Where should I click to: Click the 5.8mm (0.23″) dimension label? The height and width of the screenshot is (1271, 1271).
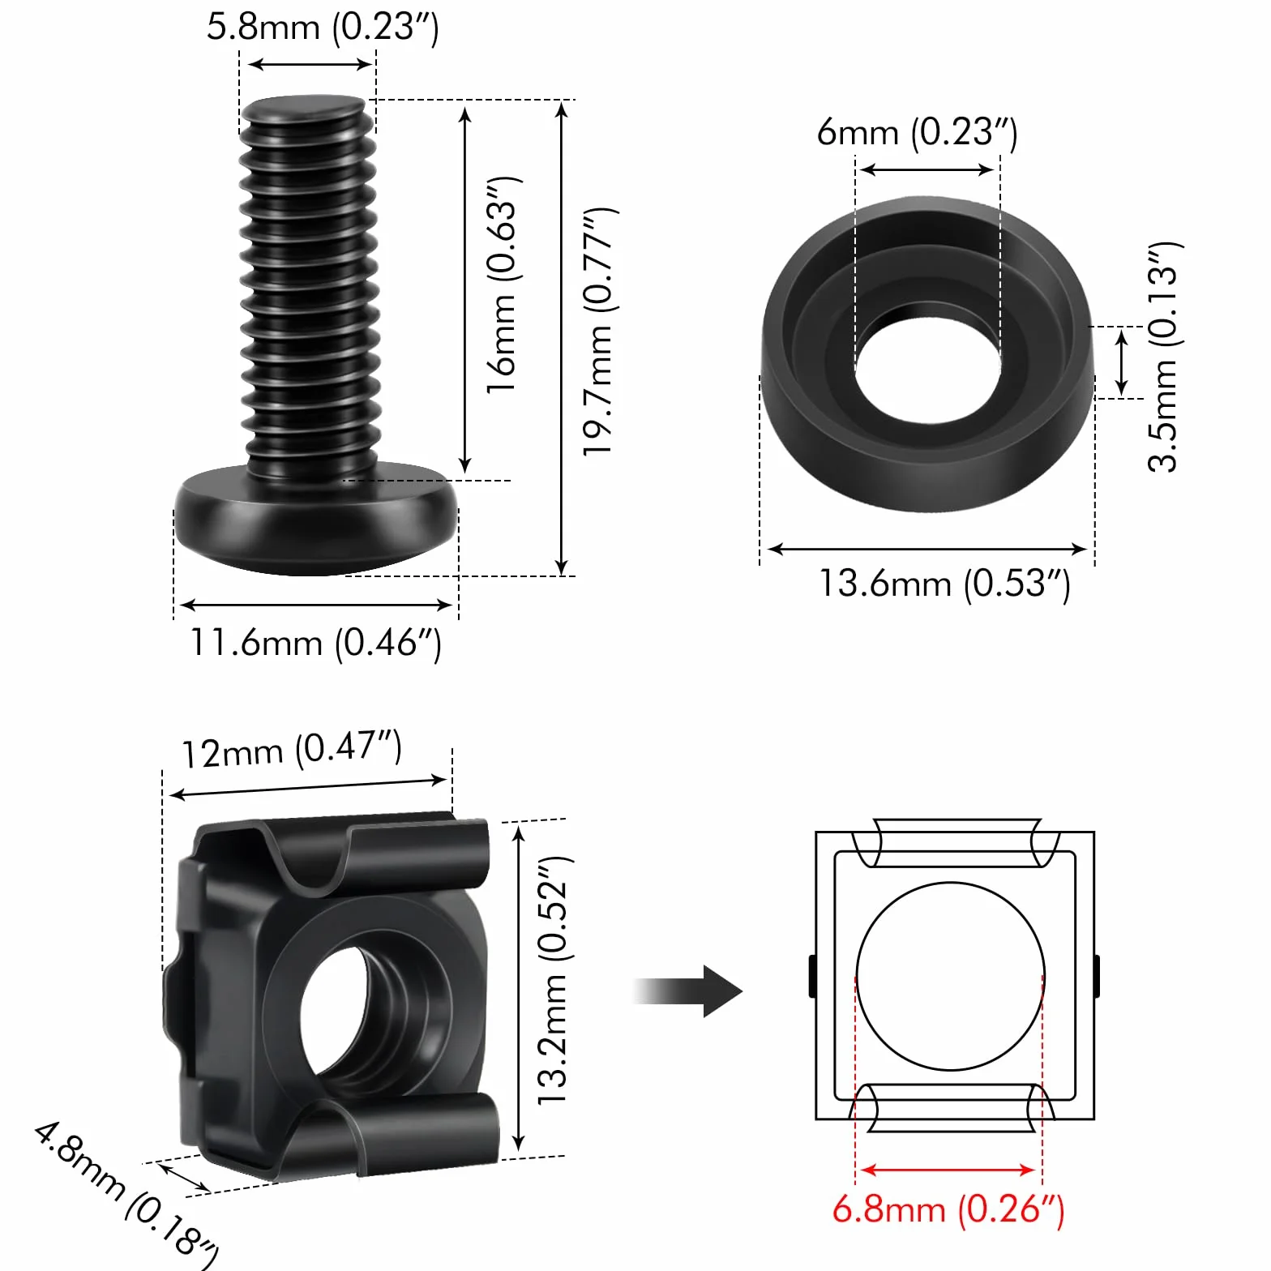323,27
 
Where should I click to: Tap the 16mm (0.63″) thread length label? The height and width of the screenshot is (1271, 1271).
503,285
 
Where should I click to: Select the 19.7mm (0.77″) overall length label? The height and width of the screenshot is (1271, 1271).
601,332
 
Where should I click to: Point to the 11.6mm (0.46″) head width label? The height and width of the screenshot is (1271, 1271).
315,644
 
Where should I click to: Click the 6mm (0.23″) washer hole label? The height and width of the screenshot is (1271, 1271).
917,132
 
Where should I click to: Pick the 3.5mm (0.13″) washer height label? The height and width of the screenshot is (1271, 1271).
1165,357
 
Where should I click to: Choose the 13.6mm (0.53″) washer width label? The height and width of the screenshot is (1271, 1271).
944,584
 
